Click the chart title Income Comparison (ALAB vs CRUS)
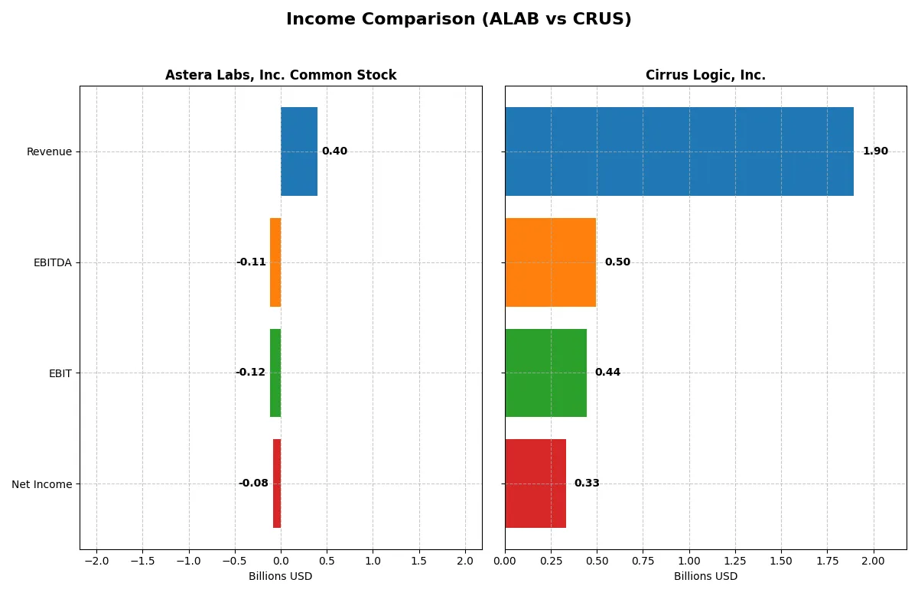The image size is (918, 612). click(458, 19)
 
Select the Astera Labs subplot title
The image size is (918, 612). click(281, 75)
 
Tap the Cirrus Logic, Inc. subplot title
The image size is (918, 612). click(705, 75)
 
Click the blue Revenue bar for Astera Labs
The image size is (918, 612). click(299, 151)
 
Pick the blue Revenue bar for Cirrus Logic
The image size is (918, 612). click(679, 151)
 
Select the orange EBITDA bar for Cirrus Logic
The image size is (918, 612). click(550, 262)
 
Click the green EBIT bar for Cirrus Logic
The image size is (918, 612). click(545, 373)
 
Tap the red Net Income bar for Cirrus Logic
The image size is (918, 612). click(535, 483)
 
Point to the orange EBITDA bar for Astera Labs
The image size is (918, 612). click(275, 262)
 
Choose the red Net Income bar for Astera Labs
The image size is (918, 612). click(277, 483)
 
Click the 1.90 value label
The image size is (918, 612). click(875, 151)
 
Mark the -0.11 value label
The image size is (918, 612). click(251, 262)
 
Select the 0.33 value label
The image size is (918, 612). click(587, 483)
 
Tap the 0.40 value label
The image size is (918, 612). click(334, 151)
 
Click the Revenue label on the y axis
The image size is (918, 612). click(49, 151)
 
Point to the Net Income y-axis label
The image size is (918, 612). click(42, 484)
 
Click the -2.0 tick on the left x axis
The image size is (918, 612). click(96, 561)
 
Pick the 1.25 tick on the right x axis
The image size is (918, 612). click(735, 561)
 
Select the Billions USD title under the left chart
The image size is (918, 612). click(280, 577)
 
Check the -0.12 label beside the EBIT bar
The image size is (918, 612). click(250, 373)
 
